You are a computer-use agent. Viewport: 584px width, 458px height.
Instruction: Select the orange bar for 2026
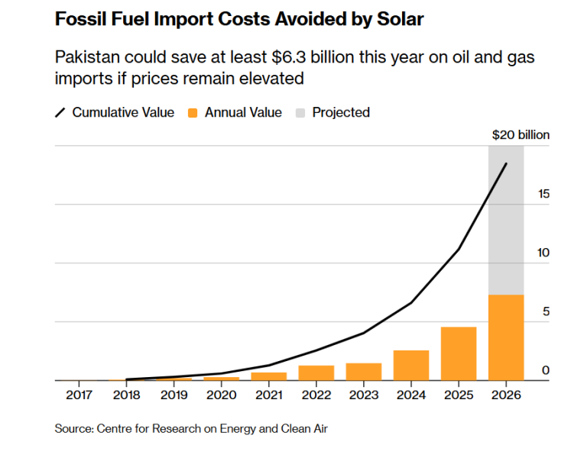(506, 337)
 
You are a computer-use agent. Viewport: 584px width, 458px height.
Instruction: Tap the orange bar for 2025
(459, 353)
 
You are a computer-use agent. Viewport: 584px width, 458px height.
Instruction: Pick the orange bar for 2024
(411, 365)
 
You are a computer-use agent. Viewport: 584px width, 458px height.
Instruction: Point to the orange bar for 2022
(316, 373)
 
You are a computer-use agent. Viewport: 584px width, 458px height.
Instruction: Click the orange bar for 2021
(269, 376)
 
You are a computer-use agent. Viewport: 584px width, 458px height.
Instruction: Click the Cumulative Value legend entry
(115, 113)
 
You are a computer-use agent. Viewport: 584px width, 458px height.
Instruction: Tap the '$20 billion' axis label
(521, 135)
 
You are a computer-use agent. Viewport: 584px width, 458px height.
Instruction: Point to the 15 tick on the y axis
(543, 194)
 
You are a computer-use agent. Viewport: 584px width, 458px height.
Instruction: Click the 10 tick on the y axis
(543, 253)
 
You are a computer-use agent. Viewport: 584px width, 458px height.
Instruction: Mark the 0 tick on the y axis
(546, 370)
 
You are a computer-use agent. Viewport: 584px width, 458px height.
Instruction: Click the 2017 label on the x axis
(79, 395)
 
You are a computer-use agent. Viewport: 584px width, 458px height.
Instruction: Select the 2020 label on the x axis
(222, 395)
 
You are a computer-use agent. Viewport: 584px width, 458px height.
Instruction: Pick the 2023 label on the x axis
(364, 395)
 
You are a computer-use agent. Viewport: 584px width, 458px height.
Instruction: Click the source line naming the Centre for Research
(191, 429)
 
